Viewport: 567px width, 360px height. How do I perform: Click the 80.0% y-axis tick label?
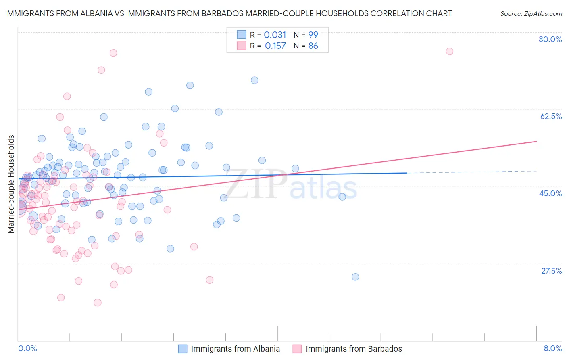point(550,39)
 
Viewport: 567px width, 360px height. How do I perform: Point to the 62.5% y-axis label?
point(551,116)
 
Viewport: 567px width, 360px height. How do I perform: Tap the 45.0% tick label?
point(550,193)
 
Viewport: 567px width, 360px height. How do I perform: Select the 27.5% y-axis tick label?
point(551,271)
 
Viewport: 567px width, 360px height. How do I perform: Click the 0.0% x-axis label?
point(27,348)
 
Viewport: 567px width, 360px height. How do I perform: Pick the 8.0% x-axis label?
point(552,348)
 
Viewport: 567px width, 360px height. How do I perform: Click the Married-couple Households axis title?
point(11,184)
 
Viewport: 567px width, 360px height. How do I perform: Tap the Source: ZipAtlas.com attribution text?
point(531,13)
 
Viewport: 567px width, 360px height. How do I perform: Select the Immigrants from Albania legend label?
point(235,349)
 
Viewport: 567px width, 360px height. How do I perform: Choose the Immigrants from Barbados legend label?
point(354,349)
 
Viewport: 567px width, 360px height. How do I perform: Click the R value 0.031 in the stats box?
point(275,35)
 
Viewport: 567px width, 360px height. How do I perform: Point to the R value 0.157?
point(275,46)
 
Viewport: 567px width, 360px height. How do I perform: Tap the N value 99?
point(313,35)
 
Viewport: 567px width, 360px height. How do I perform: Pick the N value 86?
point(313,46)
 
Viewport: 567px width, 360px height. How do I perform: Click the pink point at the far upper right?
point(449,51)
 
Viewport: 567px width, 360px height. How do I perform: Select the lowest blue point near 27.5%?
point(355,277)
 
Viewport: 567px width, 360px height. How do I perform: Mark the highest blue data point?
point(254,80)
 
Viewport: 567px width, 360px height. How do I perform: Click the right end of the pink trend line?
point(536,141)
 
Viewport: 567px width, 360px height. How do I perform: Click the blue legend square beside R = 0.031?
point(241,35)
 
